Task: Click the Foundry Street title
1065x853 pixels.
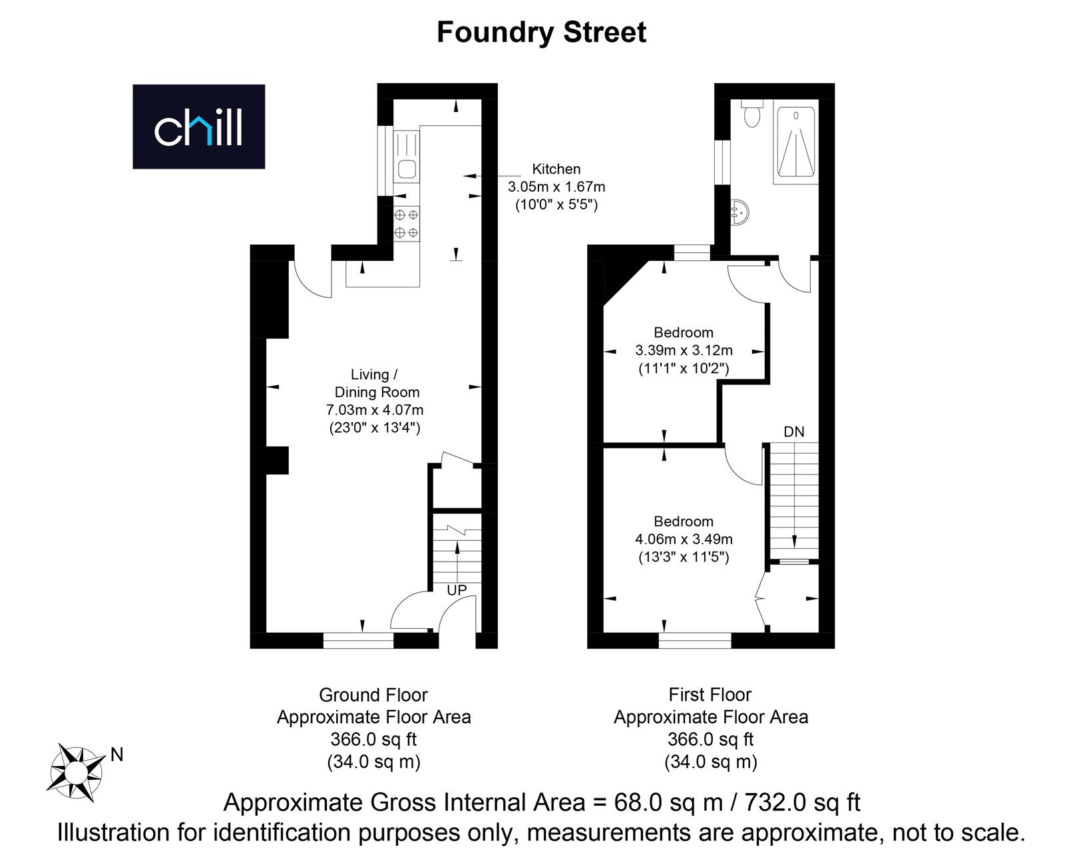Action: pyautogui.click(x=541, y=33)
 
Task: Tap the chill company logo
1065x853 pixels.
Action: pyautogui.click(x=198, y=126)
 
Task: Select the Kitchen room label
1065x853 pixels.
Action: pyautogui.click(x=556, y=169)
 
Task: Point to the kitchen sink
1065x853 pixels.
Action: pyautogui.click(x=407, y=169)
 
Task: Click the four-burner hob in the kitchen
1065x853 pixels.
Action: pyautogui.click(x=406, y=224)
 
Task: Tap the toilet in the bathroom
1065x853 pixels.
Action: pyautogui.click(x=751, y=114)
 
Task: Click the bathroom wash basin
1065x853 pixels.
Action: pyautogui.click(x=740, y=213)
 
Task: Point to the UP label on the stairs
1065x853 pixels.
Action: pyautogui.click(x=457, y=590)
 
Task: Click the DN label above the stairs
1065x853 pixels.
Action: pyautogui.click(x=794, y=432)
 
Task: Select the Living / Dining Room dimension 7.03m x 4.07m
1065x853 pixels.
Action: pyautogui.click(x=375, y=410)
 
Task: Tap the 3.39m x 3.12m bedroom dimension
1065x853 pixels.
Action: pyautogui.click(x=684, y=350)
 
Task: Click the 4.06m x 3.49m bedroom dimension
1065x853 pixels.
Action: pyautogui.click(x=684, y=540)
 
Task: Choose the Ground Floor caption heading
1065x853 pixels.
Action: pyautogui.click(x=373, y=695)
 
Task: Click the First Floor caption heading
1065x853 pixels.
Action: pyautogui.click(x=710, y=695)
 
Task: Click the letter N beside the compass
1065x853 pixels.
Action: pyautogui.click(x=116, y=755)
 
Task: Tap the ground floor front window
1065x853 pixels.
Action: pyautogui.click(x=358, y=640)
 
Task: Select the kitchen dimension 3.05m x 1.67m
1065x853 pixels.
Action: pyautogui.click(x=556, y=187)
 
